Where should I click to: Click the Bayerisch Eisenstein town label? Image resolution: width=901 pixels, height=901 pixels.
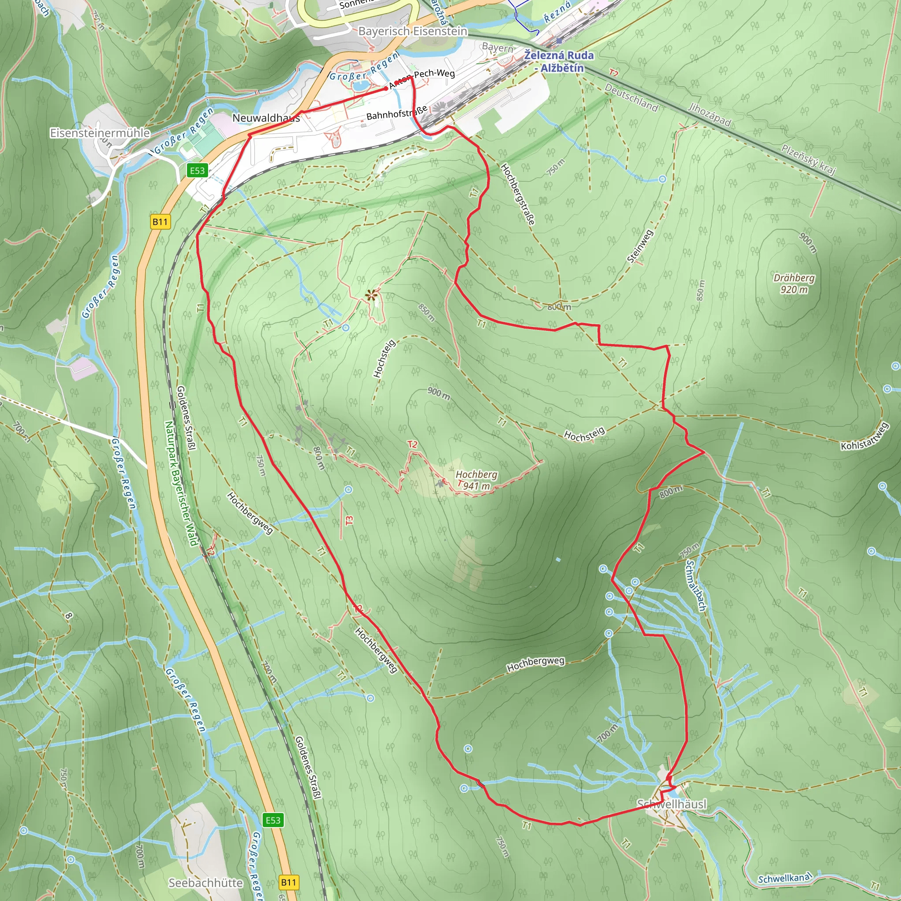point(412,31)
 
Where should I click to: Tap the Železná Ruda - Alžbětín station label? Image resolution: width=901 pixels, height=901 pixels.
point(559,62)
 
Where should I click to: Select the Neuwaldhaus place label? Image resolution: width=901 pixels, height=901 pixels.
point(266,118)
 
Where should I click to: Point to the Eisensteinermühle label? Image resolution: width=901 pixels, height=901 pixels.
point(100,133)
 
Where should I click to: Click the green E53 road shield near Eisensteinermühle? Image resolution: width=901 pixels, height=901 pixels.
point(197,170)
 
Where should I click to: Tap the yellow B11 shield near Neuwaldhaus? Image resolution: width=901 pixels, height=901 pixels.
point(160,222)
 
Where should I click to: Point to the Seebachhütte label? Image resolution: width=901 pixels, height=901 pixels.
point(205,883)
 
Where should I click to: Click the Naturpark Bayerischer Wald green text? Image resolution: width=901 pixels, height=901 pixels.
point(180,483)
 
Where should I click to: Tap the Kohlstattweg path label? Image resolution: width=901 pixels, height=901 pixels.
point(865,437)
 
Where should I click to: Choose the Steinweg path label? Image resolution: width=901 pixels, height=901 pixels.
point(640,247)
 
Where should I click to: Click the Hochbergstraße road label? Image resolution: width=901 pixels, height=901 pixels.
point(518,194)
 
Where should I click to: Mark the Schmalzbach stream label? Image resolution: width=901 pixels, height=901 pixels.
point(696,586)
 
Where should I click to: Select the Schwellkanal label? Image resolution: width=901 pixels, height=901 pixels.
point(785,879)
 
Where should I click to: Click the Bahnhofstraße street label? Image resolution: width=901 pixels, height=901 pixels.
point(397,112)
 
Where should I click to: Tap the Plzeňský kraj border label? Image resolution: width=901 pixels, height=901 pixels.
point(809,159)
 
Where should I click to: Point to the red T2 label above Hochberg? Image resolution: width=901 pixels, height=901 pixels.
point(412,444)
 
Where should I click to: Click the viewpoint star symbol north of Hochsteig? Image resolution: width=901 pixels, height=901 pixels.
point(371,295)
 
